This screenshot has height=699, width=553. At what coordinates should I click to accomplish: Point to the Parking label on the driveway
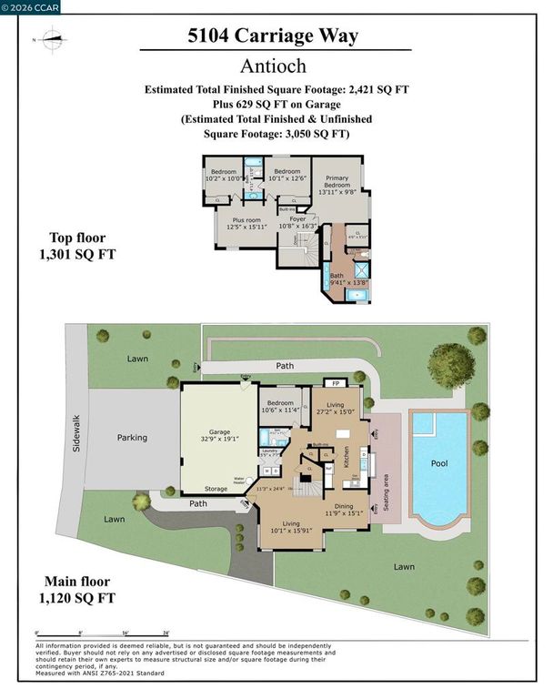132,438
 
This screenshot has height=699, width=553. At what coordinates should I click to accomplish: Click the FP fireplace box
332,384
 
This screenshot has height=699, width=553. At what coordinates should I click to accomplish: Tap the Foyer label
297,218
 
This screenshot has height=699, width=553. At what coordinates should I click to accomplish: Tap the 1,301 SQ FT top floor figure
78,252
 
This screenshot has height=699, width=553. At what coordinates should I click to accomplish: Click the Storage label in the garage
216,489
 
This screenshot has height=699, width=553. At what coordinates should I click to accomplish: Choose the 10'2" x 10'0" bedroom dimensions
224,178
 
